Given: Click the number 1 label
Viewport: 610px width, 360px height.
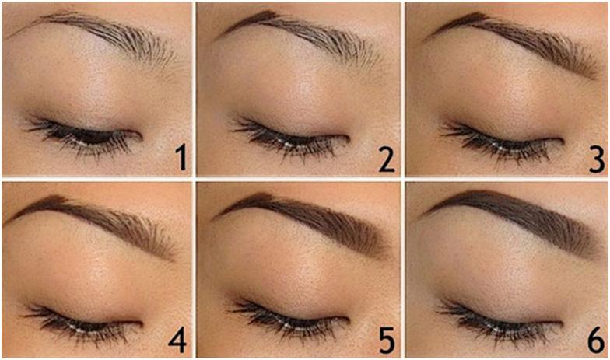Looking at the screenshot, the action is (180, 157).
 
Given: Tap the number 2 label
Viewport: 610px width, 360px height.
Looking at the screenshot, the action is (387, 159).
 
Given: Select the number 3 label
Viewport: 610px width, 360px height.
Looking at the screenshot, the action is (596, 159).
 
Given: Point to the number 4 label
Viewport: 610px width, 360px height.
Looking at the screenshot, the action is (177, 340).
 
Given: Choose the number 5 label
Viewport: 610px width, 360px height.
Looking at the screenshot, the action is (387, 340).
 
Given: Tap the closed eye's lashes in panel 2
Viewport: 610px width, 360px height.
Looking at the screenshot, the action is (288, 139).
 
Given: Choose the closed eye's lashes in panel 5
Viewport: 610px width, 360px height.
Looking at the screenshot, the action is (288, 320).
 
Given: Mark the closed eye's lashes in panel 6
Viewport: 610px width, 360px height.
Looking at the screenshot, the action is (498, 322).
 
